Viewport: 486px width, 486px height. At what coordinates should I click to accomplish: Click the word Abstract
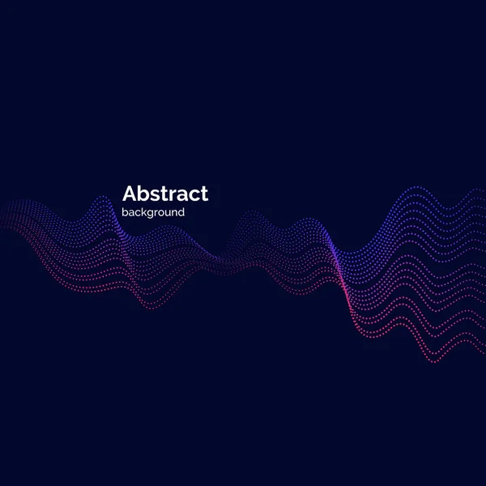(164, 194)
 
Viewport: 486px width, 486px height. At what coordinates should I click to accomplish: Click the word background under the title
(153, 213)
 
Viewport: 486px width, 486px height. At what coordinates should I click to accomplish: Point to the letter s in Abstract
(152, 195)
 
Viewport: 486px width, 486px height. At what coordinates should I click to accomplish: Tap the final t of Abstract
(203, 194)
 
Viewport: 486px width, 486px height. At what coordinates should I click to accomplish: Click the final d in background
(181, 213)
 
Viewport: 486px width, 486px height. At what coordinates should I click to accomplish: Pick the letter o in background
(160, 214)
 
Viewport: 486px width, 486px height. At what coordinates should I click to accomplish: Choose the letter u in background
(167, 214)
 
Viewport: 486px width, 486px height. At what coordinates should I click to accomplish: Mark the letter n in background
(173, 214)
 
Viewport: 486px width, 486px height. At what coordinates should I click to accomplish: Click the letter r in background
(156, 214)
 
